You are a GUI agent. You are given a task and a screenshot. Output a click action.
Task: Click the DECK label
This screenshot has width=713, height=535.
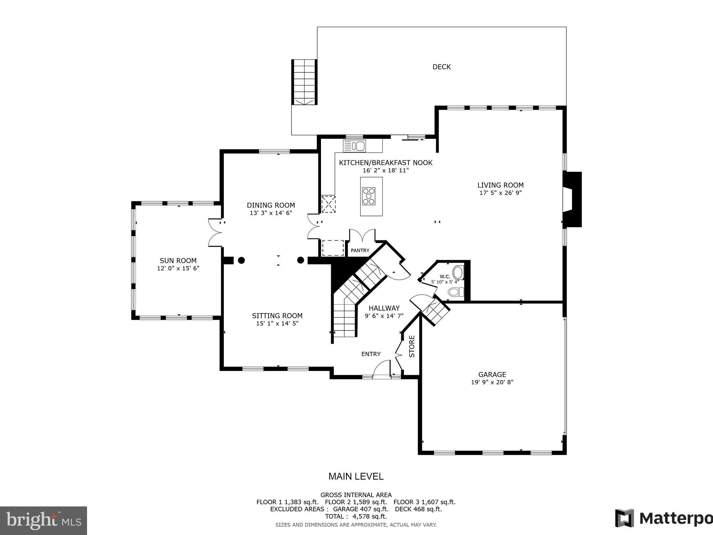click(441, 67)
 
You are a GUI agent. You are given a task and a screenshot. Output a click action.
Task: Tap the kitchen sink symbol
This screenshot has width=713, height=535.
click(354, 146)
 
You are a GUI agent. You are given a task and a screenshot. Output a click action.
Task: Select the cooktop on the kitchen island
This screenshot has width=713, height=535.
click(369, 196)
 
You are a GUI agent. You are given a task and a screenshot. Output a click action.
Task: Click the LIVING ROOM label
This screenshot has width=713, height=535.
click(500, 185)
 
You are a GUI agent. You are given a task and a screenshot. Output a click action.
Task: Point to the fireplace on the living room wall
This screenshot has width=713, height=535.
click(572, 199)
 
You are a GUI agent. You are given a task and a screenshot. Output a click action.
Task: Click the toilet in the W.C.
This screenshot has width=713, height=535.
click(455, 292)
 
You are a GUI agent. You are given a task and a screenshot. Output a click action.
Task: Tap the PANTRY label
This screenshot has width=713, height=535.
click(360, 250)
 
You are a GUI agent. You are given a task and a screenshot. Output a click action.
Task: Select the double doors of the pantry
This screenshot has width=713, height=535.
click(362, 235)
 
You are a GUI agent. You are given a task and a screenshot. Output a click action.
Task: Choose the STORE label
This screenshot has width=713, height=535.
click(412, 346)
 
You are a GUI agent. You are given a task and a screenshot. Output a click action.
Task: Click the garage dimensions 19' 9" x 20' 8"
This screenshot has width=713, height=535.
click(492, 382)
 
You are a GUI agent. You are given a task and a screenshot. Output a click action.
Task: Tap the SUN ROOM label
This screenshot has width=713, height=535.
click(178, 261)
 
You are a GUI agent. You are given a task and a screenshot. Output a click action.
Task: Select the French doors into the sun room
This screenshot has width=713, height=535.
click(215, 233)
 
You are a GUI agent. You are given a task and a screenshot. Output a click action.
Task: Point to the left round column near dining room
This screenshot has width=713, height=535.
click(241, 260)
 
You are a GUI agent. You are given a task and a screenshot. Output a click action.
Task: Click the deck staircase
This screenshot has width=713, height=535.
click(304, 82)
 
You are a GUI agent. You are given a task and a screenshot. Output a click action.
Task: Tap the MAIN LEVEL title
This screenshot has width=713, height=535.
click(356, 476)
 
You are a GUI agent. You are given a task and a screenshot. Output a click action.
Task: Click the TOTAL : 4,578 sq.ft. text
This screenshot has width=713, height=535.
click(356, 516)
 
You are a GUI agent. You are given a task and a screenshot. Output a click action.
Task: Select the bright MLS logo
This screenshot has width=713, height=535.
click(43, 521)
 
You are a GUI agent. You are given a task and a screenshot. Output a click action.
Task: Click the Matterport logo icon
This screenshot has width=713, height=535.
click(624, 518)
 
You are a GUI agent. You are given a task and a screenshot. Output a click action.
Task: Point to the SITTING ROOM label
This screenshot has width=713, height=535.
click(277, 316)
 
